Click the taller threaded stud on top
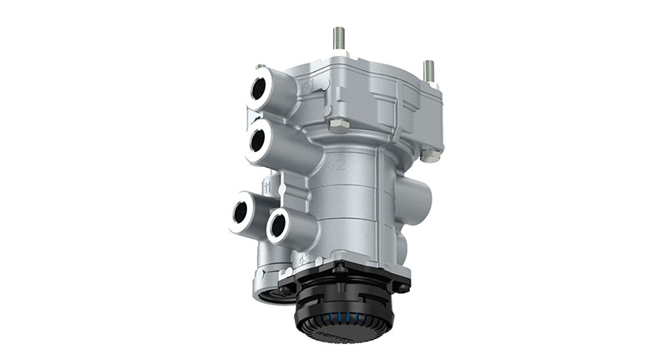coord(339,38)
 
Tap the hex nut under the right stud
coord(429,155)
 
